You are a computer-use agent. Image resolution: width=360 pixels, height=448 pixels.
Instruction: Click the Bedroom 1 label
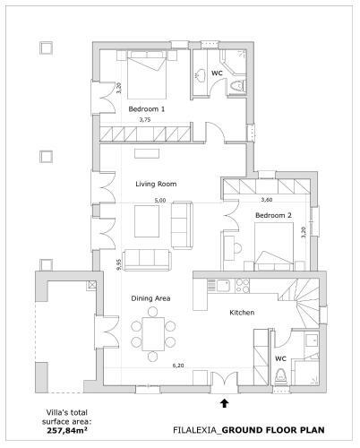[x=146, y=109]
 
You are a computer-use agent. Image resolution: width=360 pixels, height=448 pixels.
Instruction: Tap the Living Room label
[x=156, y=184]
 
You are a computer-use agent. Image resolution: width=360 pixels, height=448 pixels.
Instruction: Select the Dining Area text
[x=150, y=298]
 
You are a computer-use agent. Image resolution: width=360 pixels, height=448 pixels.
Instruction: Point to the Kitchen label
[x=242, y=313]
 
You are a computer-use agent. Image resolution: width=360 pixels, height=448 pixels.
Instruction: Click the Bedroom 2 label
[x=273, y=215]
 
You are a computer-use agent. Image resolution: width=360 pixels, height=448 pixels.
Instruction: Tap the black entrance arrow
[x=225, y=403]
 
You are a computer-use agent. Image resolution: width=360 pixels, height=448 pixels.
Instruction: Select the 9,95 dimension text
[x=119, y=264]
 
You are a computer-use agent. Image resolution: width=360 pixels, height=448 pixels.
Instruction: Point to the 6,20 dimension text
[x=178, y=366]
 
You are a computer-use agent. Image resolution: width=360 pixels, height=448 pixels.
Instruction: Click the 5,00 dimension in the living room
[x=160, y=201]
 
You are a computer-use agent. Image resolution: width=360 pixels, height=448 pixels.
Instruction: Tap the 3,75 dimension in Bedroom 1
[x=145, y=120]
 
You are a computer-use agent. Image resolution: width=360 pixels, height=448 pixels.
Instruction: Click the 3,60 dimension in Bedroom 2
[x=267, y=200]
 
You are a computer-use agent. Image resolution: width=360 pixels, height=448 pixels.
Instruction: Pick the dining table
[x=153, y=334]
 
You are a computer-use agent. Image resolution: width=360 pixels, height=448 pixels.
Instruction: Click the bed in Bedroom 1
[x=147, y=74]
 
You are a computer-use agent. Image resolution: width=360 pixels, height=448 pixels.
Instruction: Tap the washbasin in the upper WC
[x=200, y=75]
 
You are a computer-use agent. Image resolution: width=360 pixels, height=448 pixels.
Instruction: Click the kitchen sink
[x=222, y=285]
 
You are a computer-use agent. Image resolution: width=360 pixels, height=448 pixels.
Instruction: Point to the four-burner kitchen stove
[x=243, y=286]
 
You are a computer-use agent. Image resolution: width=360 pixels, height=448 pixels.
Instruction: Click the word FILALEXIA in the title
[x=196, y=430]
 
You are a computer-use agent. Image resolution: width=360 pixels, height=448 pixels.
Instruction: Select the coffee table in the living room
[x=147, y=221]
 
